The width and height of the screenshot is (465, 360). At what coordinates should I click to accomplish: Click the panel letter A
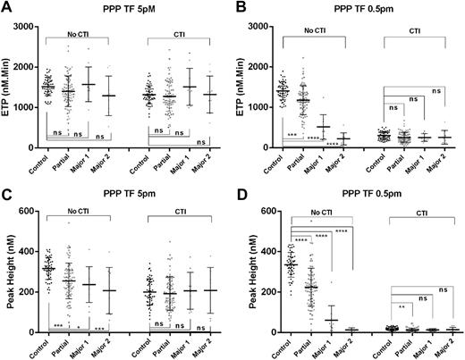(6, 7)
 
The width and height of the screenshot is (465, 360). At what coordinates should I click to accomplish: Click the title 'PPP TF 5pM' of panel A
(126, 9)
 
